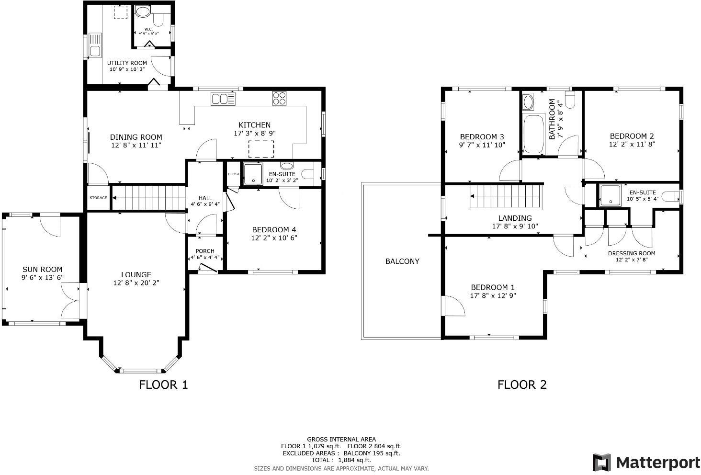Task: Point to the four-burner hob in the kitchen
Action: (x=279, y=98)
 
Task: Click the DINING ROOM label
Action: (x=136, y=137)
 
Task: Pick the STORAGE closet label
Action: (x=98, y=198)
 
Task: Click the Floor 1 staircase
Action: (x=148, y=197)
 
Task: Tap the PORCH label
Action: (x=205, y=251)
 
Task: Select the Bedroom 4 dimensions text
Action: (x=274, y=237)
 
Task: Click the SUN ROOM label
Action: (x=42, y=270)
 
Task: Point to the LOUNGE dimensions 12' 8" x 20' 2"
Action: (x=136, y=283)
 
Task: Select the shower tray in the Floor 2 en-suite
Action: (x=610, y=195)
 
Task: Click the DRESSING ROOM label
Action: (x=631, y=253)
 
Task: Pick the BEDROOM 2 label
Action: (x=632, y=136)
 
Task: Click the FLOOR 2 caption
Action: (x=522, y=385)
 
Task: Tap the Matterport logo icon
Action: (x=602, y=463)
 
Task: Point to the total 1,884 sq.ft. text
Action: (x=341, y=460)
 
